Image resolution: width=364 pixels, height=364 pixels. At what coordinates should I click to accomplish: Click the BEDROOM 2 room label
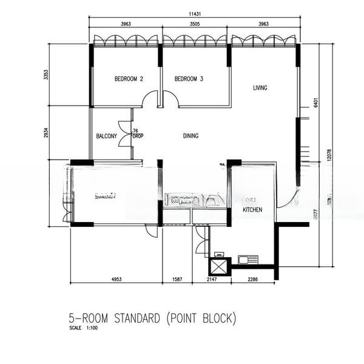point(129,79)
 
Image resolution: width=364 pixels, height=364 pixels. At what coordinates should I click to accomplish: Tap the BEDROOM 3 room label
point(188,79)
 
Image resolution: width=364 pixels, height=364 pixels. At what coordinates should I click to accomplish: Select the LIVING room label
point(260,88)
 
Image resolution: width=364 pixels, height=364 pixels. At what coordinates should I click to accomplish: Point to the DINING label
point(190,136)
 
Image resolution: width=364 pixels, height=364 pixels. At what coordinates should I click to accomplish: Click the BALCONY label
point(106,136)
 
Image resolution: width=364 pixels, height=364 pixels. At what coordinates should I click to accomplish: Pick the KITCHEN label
point(252,209)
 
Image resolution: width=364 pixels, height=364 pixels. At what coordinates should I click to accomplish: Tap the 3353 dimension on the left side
point(46,75)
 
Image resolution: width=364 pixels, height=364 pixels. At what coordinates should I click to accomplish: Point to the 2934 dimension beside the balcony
point(46,133)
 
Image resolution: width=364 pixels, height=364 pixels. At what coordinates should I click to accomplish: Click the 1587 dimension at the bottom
point(177,279)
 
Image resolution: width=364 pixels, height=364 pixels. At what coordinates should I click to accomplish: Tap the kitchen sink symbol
point(248,260)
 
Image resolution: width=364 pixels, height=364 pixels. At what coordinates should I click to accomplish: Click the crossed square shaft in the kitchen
point(219,266)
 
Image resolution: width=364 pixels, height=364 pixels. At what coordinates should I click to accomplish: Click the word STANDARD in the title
point(128,318)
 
